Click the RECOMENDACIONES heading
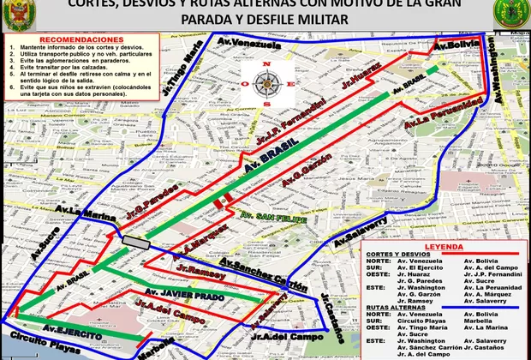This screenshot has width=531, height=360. point(76,39)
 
